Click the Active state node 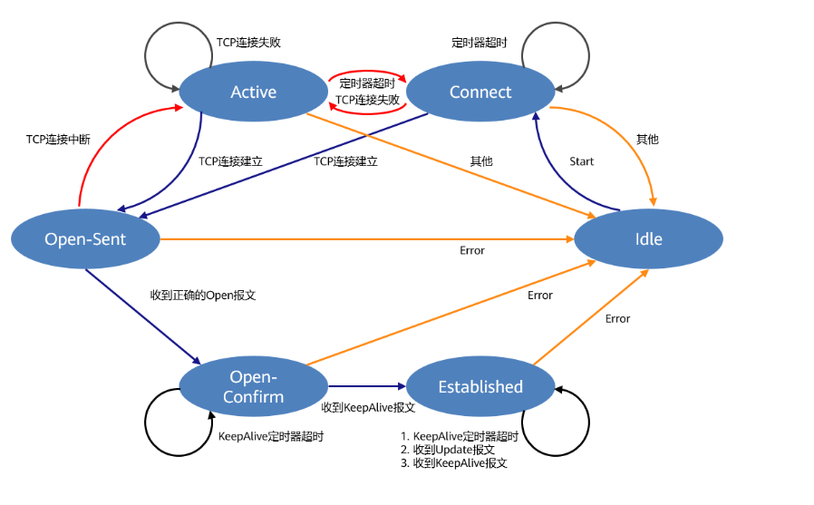(x=253, y=92)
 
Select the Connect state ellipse (x=480, y=92)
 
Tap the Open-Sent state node (x=85, y=239)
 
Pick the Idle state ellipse (x=648, y=239)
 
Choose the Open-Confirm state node (x=254, y=387)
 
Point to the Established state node (x=480, y=387)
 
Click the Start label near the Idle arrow (x=581, y=161)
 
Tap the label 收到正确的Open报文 (x=203, y=296)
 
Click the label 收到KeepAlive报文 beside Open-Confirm (x=368, y=408)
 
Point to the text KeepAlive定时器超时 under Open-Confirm (x=271, y=436)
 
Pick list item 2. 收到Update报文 (x=447, y=450)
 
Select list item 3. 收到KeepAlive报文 (x=453, y=463)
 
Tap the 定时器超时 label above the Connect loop (x=479, y=43)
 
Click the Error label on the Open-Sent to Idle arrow (x=472, y=250)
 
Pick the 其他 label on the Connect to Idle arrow (x=647, y=140)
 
